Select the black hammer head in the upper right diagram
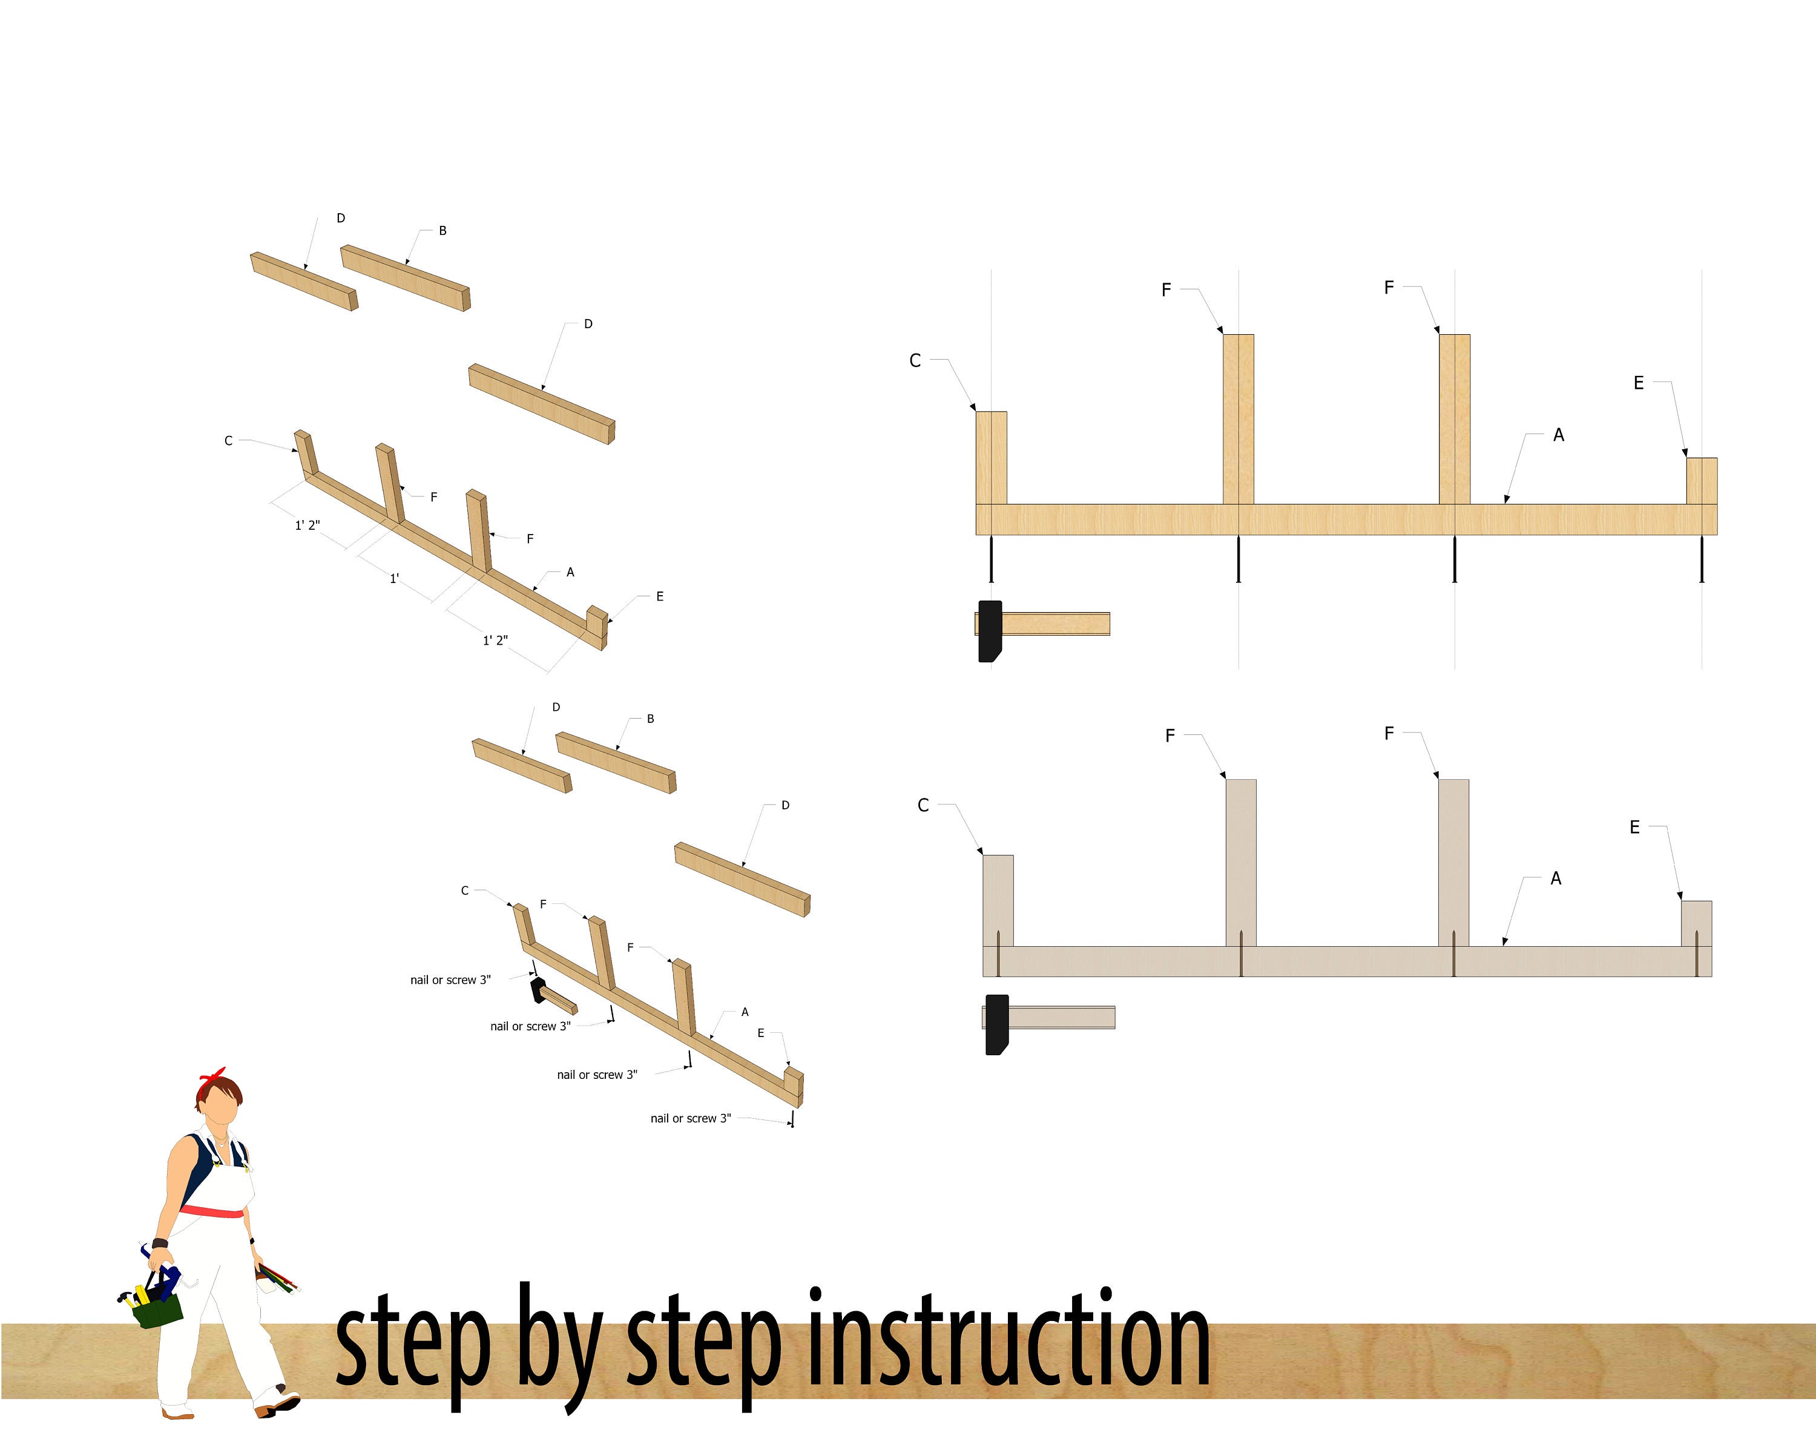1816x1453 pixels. coord(990,631)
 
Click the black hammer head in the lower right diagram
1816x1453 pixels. coord(996,1024)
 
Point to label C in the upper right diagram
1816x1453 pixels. coord(915,360)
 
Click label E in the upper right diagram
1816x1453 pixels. coord(1638,383)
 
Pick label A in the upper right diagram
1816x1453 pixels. coord(1558,435)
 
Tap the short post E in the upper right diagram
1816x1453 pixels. coord(1702,481)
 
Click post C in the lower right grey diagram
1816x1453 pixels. coord(998,900)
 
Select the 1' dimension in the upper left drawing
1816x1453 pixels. coord(394,579)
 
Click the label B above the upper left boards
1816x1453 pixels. coord(442,231)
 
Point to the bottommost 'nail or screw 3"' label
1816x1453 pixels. coord(691,1119)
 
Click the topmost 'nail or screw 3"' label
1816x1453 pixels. coord(450,980)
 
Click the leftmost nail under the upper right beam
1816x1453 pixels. coord(992,559)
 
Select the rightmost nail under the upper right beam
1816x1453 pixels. coord(1702,559)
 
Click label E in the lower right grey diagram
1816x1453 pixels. coord(1634,827)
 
